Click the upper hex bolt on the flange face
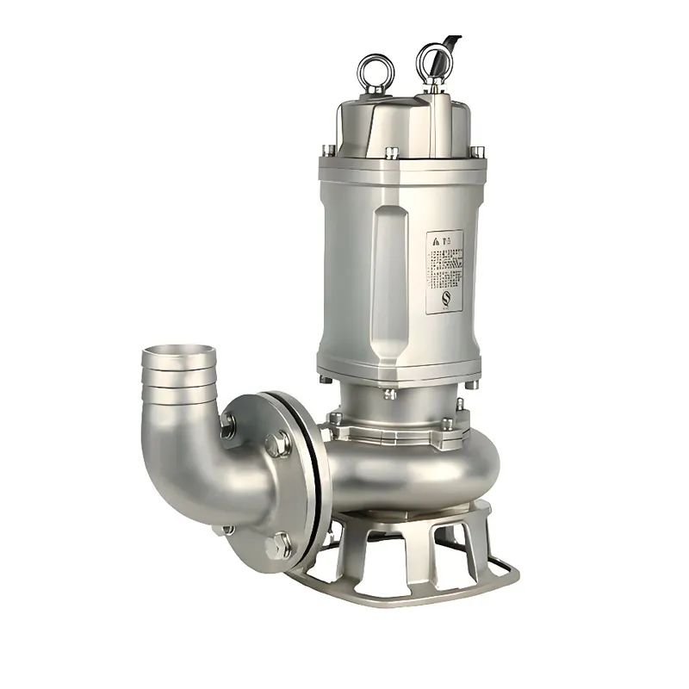pyautogui.click(x=275, y=444)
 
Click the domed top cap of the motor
pyautogui.click(x=400, y=121)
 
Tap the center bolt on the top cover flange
pyautogui.click(x=391, y=153)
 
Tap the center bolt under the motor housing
pyautogui.click(x=389, y=393)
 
